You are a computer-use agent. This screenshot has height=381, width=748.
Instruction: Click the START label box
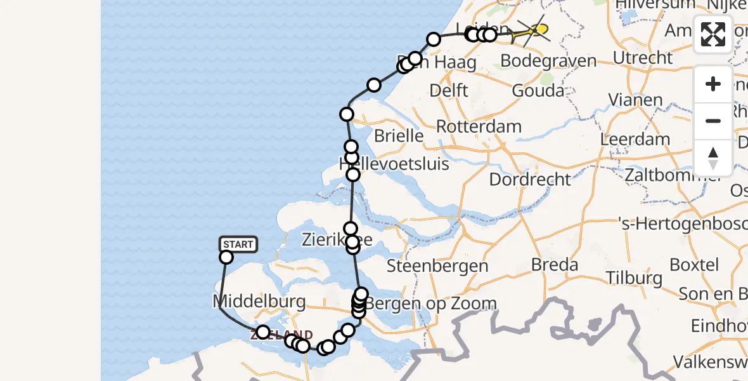pos(238,244)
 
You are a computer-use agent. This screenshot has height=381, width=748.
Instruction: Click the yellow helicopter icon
pos(534,30)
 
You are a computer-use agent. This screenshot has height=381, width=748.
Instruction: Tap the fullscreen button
pos(713,34)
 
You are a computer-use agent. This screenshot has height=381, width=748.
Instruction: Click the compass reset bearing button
pos(713,157)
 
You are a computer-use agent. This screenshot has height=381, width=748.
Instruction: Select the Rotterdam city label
pos(479,126)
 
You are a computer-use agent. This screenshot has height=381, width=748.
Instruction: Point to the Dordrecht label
pos(530,179)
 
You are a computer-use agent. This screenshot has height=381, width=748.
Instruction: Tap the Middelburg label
pos(260,300)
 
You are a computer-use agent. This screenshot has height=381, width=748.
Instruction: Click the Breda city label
pos(555,264)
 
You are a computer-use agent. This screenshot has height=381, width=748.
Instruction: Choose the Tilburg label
pos(634,277)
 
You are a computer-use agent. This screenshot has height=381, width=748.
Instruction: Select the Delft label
pos(449,90)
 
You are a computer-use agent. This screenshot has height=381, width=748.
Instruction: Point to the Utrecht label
pos(643,57)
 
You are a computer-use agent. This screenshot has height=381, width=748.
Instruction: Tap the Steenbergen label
pos(437,265)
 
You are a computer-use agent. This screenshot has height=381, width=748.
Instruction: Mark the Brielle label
pos(399,135)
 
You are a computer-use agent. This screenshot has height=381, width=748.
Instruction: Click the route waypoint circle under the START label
pos(226,257)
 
